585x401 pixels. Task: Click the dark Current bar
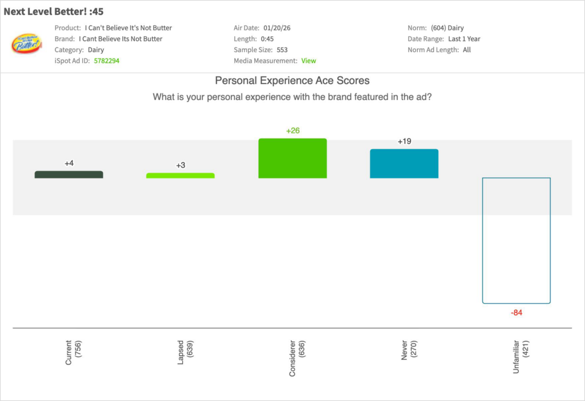point(69,174)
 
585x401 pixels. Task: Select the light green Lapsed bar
point(181,176)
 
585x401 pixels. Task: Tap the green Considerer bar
point(292,158)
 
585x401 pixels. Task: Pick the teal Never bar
point(404,164)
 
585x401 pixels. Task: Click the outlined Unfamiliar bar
point(516,240)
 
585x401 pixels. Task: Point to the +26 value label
point(292,130)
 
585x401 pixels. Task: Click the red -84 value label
point(516,313)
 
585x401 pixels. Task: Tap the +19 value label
point(404,141)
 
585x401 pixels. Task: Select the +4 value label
point(69,164)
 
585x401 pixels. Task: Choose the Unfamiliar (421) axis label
point(520,357)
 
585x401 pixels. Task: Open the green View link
point(308,61)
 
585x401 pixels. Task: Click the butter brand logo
point(26,43)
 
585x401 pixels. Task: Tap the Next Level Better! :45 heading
point(54,11)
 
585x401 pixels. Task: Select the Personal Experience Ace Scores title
point(292,81)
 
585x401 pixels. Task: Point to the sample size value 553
point(282,50)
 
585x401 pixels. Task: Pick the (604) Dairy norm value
point(447,28)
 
